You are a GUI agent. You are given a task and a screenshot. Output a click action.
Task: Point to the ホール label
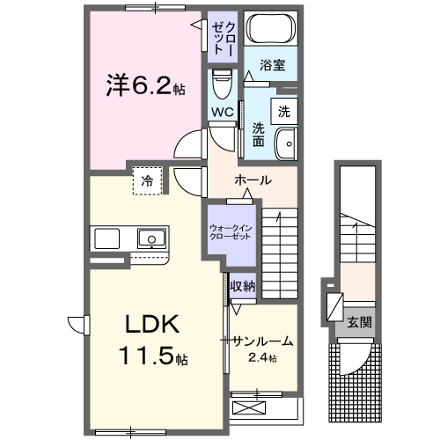click(x=252, y=180)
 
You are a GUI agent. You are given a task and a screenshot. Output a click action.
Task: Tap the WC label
click(x=220, y=113)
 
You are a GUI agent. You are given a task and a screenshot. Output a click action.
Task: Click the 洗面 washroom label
click(x=259, y=135)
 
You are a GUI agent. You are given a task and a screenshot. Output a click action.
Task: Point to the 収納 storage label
click(x=243, y=285)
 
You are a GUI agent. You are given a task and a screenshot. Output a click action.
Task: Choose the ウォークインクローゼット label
click(x=230, y=233)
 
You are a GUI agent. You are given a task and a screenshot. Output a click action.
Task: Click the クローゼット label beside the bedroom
click(x=224, y=38)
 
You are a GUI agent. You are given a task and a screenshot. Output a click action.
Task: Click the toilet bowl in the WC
click(x=221, y=84)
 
